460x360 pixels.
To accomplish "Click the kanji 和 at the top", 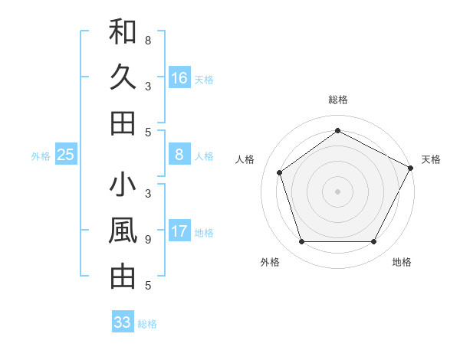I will click(123, 33).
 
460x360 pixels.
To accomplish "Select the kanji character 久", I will click(123, 77).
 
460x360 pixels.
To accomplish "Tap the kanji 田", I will click(123, 123).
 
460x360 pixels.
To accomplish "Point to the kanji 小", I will click(123, 186).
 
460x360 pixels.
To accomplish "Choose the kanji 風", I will click(123, 231).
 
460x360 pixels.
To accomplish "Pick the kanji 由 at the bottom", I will click(123, 277).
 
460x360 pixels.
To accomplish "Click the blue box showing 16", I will click(179, 77).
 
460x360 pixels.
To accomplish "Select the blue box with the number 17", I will click(179, 231).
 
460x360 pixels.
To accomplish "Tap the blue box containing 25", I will click(65, 155).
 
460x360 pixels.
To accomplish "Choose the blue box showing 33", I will click(123, 322).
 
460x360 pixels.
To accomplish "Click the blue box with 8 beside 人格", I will click(179, 155).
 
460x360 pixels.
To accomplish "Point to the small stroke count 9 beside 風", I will click(148, 240).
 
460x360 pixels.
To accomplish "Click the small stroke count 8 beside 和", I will click(148, 40).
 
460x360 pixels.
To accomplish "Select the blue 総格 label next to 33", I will click(147, 324).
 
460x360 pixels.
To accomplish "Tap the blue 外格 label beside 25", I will click(41, 156).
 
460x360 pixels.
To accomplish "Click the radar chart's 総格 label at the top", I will click(338, 100).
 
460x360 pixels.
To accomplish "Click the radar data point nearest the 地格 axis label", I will click(374, 242).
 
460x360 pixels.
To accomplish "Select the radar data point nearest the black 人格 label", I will click(280, 172).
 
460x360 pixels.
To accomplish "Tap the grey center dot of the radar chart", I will click(338, 191).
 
